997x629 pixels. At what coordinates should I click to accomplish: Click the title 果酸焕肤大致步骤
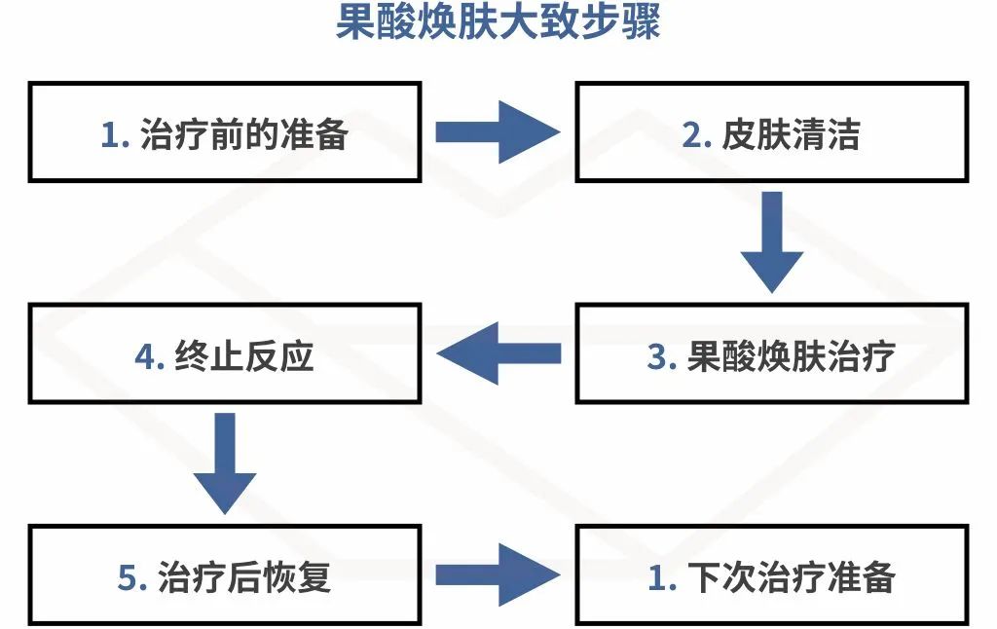click(498, 23)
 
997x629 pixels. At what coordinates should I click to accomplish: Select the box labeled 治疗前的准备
click(225, 131)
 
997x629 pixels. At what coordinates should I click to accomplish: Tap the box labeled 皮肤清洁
click(771, 131)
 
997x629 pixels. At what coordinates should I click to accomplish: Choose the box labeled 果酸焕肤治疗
click(771, 354)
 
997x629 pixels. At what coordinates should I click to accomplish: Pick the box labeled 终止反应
click(225, 354)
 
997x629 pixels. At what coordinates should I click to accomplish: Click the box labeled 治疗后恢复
click(225, 576)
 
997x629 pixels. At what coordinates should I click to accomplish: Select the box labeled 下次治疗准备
click(771, 576)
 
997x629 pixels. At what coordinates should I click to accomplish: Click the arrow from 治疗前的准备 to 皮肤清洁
click(498, 131)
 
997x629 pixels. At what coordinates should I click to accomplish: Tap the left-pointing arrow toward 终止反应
click(498, 354)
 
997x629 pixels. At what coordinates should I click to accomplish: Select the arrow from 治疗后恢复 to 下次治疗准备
click(498, 576)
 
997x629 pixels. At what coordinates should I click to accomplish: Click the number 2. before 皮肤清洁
click(697, 135)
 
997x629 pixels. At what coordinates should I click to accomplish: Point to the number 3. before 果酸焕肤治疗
click(662, 357)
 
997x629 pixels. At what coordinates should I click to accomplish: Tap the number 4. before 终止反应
click(150, 357)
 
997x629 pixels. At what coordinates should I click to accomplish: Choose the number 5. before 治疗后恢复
click(132, 579)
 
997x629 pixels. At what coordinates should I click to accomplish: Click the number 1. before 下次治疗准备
click(662, 579)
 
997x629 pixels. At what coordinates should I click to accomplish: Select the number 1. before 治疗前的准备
click(115, 135)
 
